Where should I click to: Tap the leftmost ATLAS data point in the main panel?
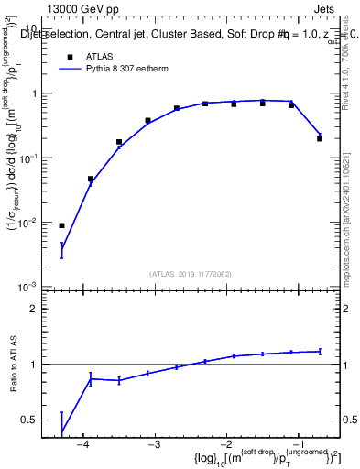tap(62, 225)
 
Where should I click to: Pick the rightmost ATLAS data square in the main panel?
tap(320, 138)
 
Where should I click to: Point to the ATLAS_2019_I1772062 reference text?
tap(191, 273)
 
